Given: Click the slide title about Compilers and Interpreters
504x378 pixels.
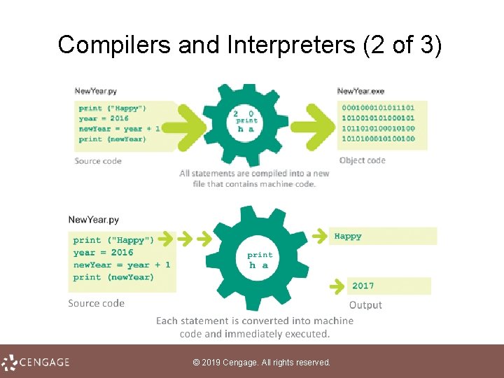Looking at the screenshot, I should click(x=250, y=45).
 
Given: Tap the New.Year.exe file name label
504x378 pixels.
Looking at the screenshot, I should click(x=360, y=91).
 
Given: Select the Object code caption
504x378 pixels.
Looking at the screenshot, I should click(x=362, y=160).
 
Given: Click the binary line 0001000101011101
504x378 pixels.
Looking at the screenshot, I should click(x=377, y=108).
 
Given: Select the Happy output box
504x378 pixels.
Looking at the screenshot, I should click(x=384, y=237).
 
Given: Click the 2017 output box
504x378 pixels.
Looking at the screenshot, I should click(x=389, y=286).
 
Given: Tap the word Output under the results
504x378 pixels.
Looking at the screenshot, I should click(x=365, y=305).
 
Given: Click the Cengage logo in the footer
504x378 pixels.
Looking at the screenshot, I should click(x=36, y=362).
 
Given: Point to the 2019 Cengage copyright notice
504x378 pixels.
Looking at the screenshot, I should click(x=261, y=362).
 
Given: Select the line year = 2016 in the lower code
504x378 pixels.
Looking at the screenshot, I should click(x=103, y=252).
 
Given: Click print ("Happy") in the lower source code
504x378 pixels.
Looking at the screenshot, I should click(x=113, y=240).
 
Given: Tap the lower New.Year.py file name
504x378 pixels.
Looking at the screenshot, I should click(x=94, y=220).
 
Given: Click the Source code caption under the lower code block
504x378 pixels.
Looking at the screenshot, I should click(x=96, y=303).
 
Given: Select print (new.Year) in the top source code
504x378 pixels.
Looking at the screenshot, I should click(x=112, y=139).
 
